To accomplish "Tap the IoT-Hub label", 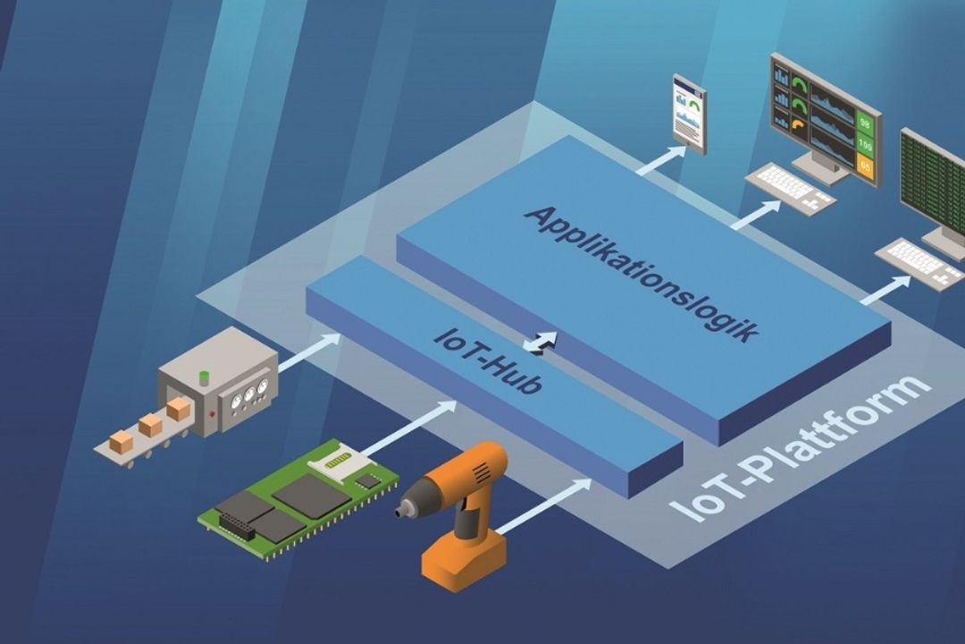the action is point(489,360).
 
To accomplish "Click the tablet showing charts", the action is point(689,114).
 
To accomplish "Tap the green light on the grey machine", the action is point(203,377).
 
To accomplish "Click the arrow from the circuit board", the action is point(409,429).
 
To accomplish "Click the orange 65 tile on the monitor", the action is point(865,165).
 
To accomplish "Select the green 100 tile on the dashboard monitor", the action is point(865,146).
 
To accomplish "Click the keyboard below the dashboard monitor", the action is point(790,188).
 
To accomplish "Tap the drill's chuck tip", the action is point(401,511).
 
